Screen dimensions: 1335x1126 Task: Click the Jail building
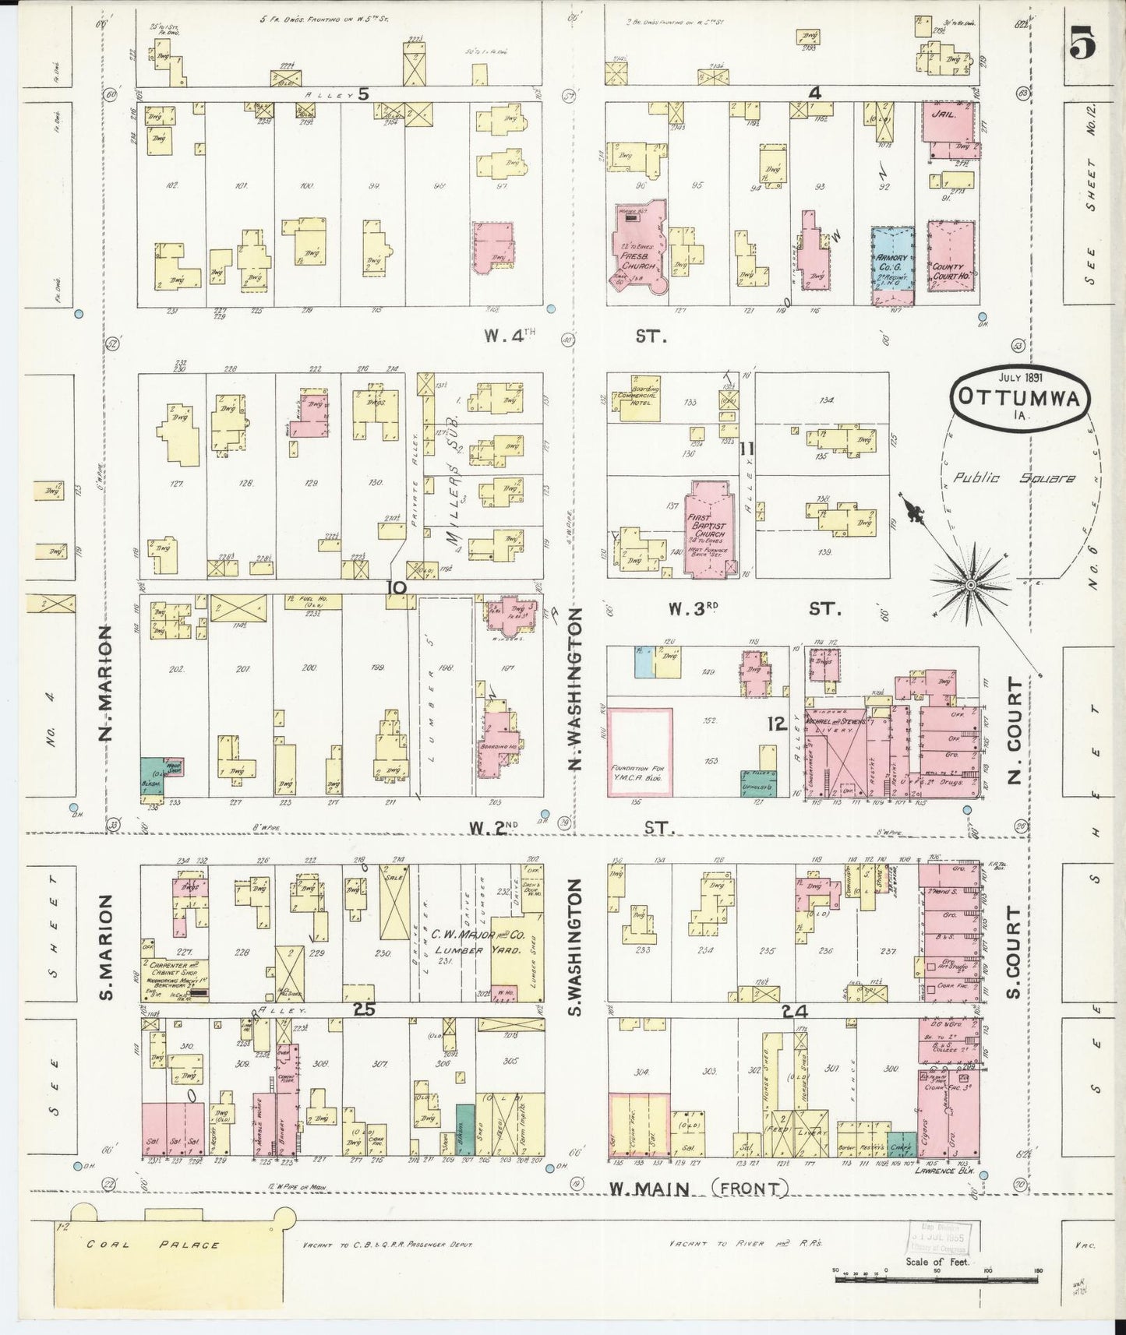click(950, 121)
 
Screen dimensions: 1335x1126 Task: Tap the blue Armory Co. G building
click(892, 264)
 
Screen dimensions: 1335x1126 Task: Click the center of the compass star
click(971, 584)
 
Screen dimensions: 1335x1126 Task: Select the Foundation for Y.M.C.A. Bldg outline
click(640, 751)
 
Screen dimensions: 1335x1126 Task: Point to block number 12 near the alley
click(775, 724)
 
